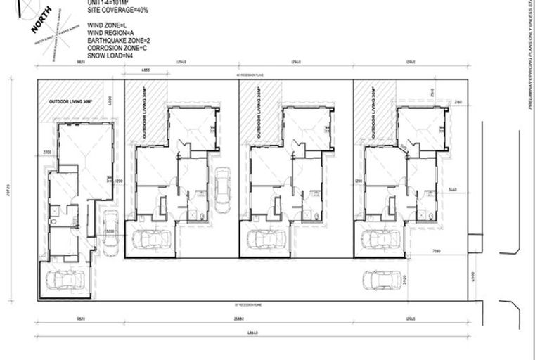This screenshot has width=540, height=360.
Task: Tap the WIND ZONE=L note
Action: (x=107, y=25)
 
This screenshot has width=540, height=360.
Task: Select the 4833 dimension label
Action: (x=146, y=71)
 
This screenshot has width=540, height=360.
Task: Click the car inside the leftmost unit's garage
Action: (x=63, y=281)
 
